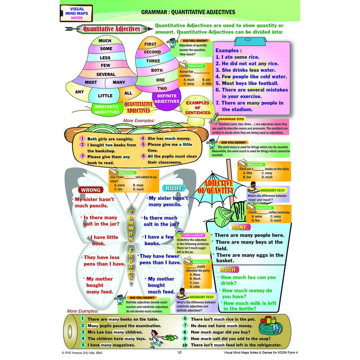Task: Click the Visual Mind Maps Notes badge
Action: (x=76, y=13)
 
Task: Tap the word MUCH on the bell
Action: (x=105, y=41)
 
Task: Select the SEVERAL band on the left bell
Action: (x=106, y=74)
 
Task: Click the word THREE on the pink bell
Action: (x=153, y=61)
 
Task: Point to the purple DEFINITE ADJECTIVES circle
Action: (x=167, y=98)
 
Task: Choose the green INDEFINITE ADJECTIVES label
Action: (x=107, y=109)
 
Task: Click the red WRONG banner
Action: (x=91, y=190)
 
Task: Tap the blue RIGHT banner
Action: (x=174, y=188)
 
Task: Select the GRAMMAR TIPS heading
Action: (x=231, y=119)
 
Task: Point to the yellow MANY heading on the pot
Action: (x=239, y=227)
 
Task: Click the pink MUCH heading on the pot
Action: (x=227, y=270)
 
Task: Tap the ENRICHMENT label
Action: (x=193, y=235)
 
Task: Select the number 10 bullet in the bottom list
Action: (x=185, y=345)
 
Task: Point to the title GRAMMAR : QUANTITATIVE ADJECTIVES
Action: (x=188, y=12)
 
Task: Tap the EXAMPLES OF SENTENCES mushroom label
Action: (x=197, y=108)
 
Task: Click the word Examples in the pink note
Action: (x=229, y=51)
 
